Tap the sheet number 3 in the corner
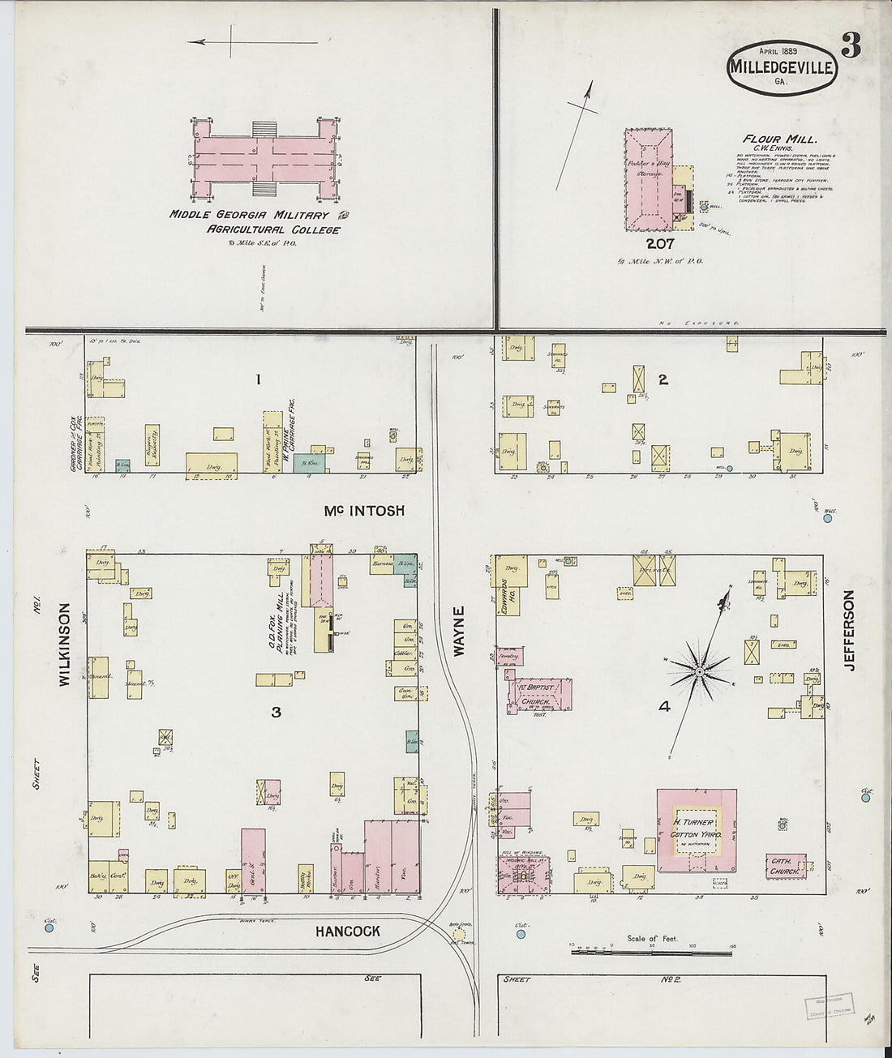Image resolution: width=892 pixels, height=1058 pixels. click(850, 48)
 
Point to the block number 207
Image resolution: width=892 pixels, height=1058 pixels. click(659, 242)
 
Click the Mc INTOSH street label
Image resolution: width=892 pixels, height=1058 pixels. click(364, 511)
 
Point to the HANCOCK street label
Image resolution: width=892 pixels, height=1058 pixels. click(347, 932)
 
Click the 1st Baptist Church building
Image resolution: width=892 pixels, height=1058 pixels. click(541, 696)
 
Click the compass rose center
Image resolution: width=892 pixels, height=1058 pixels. click(699, 672)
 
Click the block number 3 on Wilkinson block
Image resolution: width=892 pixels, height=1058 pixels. click(276, 712)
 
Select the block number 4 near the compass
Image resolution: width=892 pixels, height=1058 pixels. click(663, 706)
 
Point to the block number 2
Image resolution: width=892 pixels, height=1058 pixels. click(663, 379)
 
